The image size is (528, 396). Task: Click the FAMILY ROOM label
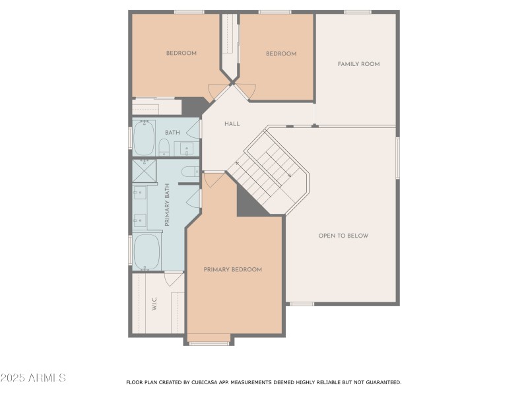click(x=358, y=64)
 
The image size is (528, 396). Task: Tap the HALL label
click(x=232, y=123)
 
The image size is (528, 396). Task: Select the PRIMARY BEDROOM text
click(x=232, y=269)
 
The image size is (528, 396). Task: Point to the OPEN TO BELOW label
click(x=343, y=236)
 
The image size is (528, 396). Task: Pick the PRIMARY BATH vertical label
click(x=168, y=205)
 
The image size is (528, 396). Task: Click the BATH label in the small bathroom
click(x=172, y=133)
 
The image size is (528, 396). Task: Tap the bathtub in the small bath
click(x=144, y=138)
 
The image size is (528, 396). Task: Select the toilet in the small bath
click(x=164, y=147)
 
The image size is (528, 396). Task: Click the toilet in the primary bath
click(x=189, y=172)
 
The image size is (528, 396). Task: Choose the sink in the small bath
click(x=187, y=148)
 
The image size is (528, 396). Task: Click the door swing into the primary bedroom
click(x=213, y=179)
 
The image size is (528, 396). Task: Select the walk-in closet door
click(x=174, y=279)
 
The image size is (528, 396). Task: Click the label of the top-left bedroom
click(x=181, y=53)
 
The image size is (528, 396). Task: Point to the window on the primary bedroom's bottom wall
click(x=209, y=343)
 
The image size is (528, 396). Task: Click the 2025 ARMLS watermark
click(x=33, y=378)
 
